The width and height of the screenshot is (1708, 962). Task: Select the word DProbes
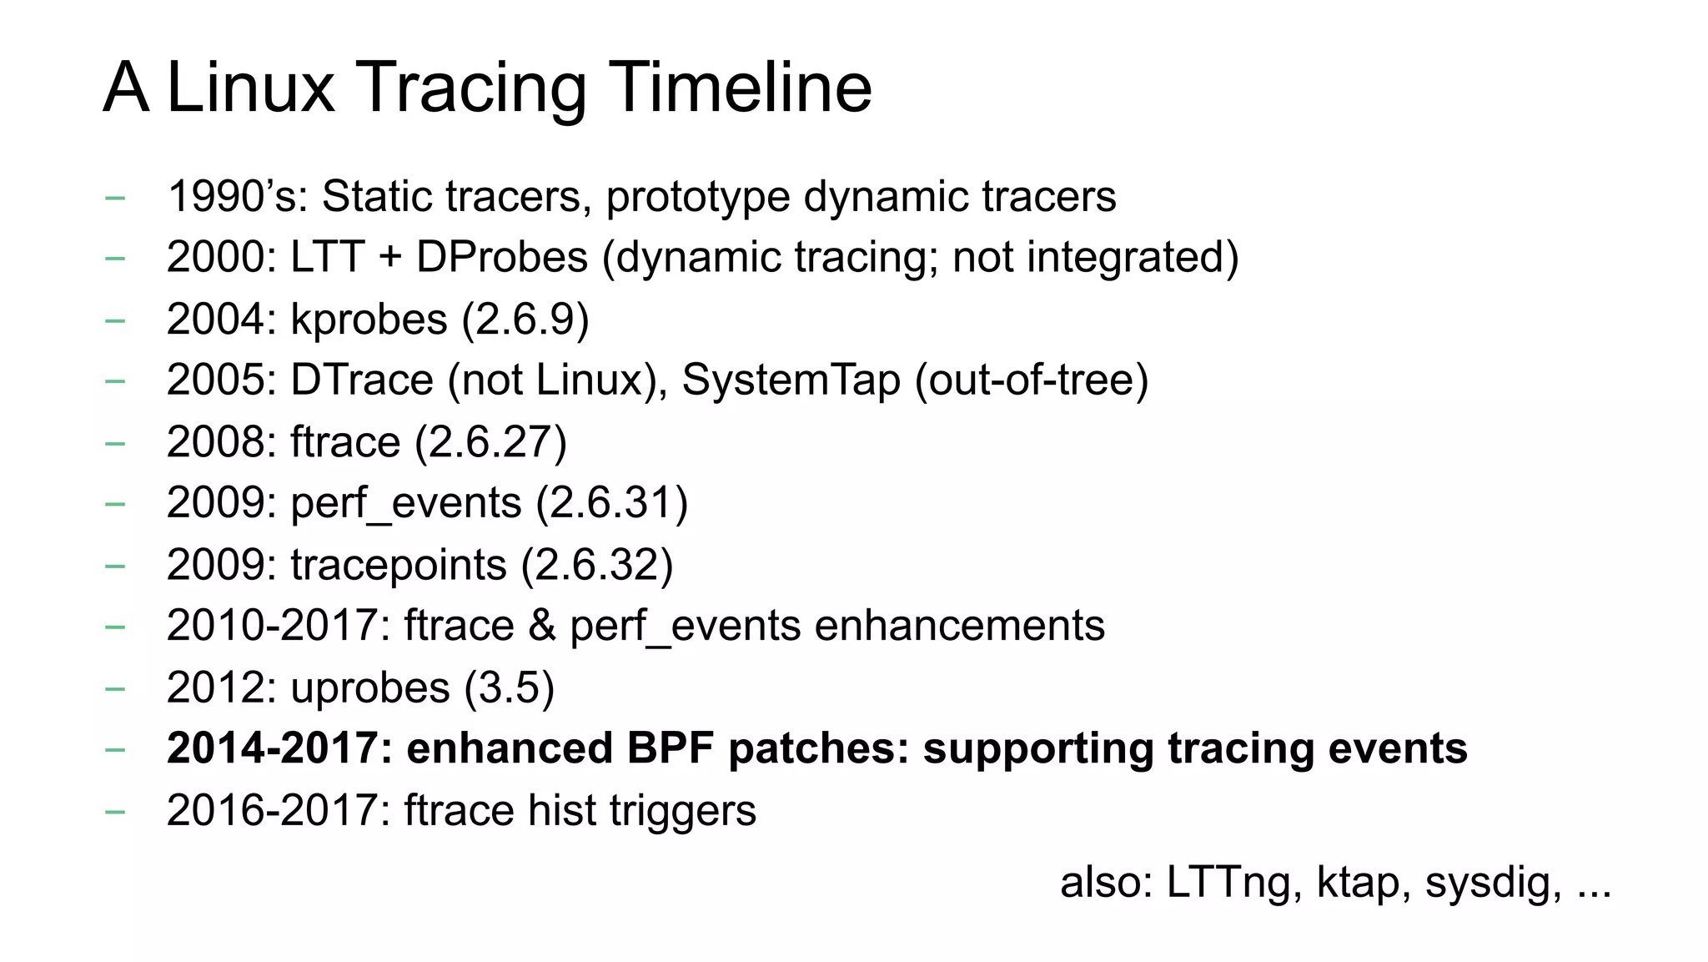click(x=502, y=257)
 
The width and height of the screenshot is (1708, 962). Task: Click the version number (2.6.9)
click(x=525, y=320)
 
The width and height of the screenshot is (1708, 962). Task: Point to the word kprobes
click(x=369, y=320)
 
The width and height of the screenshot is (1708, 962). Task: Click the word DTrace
click(x=362, y=380)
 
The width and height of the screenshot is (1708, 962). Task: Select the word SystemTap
click(x=791, y=380)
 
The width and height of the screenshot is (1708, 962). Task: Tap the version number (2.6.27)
click(x=490, y=442)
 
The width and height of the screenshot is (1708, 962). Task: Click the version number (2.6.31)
click(x=611, y=503)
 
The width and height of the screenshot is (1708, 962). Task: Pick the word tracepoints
click(x=398, y=565)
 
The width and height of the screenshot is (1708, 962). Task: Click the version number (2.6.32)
click(x=596, y=565)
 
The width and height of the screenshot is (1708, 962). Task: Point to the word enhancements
click(x=959, y=626)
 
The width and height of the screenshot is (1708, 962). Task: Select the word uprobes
click(x=370, y=688)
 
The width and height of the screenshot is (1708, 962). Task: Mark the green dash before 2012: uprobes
click(x=115, y=688)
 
